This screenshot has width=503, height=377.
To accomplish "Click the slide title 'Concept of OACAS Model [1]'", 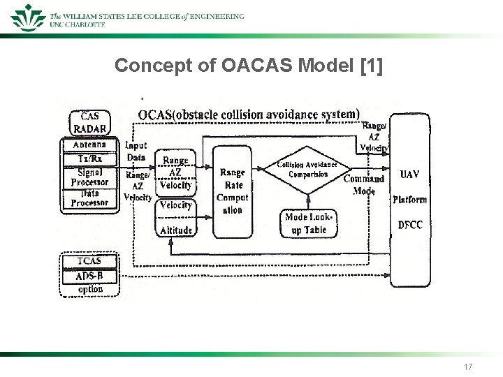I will pos(249,66).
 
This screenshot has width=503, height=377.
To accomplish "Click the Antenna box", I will pos(89,145).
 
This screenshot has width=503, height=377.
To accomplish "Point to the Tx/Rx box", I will pos(89,158).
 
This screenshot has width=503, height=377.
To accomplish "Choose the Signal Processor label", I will pos(89,177).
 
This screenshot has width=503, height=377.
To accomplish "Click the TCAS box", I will pos(89,261).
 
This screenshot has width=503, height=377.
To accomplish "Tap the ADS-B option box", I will pos(89,282).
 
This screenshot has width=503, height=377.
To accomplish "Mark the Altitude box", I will pos(175,230).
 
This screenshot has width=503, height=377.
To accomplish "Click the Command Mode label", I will pos(363,184).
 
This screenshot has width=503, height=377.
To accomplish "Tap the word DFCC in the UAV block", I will pos(410,225).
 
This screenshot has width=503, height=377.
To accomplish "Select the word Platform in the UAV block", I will pos(410,200).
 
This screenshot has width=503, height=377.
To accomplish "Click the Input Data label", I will pos(136,151).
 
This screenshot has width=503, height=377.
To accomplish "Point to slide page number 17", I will pos(467,367).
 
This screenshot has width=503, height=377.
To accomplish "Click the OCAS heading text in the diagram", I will pos(249,114).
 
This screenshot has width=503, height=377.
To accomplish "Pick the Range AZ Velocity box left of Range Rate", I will pos(175,172).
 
